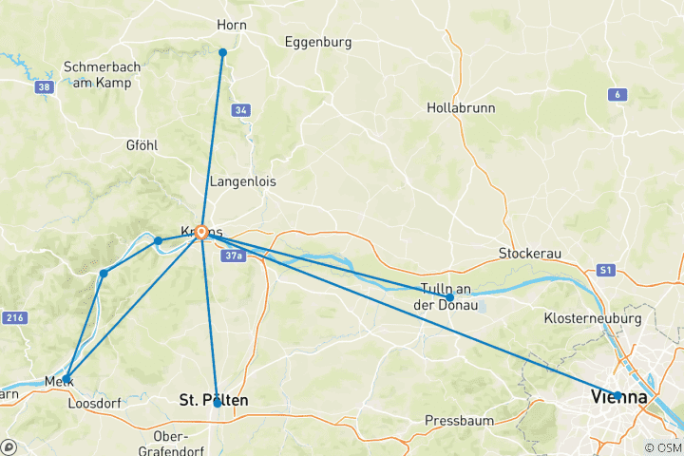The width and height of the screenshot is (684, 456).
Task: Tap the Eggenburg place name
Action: [x=318, y=43]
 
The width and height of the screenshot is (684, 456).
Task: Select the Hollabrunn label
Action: [x=461, y=108]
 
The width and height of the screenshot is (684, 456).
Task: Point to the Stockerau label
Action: [x=528, y=254]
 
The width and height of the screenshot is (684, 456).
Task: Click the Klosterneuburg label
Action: [x=594, y=317]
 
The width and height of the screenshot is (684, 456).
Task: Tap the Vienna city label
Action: [x=619, y=398]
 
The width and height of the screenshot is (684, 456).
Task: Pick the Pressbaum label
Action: [x=456, y=420]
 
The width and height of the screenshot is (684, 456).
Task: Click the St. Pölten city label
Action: [x=214, y=401]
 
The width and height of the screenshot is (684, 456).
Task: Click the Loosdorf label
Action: [x=94, y=404]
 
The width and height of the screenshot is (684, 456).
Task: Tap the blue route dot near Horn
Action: [x=222, y=52]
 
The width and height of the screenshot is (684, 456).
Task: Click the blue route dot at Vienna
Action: [x=617, y=395]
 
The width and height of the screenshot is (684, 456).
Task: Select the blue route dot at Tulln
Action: [x=449, y=297]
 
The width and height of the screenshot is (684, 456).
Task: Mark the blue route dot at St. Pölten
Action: [x=217, y=403]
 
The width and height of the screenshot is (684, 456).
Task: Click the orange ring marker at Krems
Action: [x=201, y=232]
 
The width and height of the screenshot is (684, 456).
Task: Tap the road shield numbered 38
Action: [x=44, y=87]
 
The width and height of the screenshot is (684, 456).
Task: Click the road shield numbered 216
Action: [x=13, y=317]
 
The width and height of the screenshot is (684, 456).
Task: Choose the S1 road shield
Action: [x=606, y=271]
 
